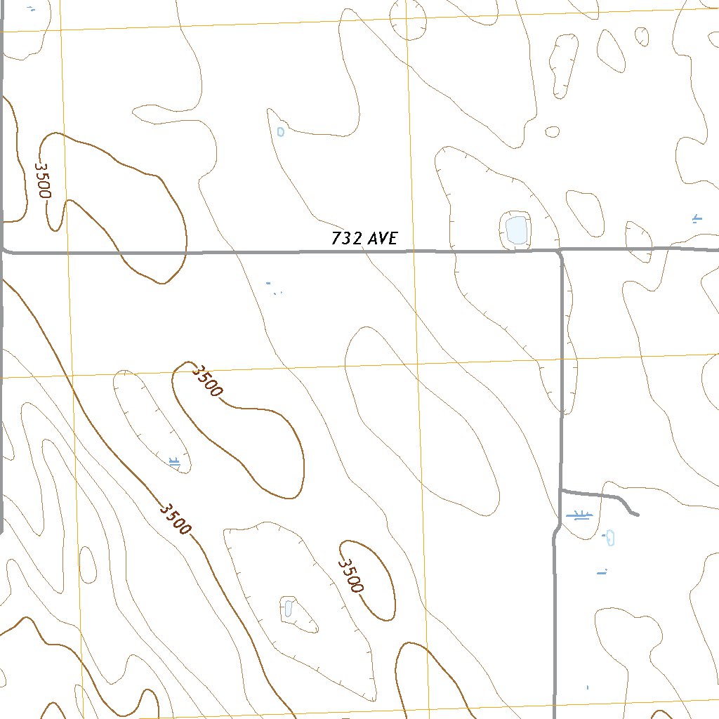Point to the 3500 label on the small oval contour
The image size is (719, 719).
pos(351,576)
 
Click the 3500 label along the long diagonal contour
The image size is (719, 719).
pos(174,518)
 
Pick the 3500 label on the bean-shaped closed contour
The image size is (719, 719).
pos(208,381)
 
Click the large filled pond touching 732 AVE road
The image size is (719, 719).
pos(516,230)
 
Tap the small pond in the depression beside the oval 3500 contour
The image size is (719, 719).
pos(288,607)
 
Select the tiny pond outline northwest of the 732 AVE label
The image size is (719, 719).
pos(281,131)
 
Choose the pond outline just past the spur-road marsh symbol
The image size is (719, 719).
pos(610,538)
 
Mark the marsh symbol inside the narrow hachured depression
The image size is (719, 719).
pos(175,461)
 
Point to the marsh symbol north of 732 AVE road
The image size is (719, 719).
pos(697,218)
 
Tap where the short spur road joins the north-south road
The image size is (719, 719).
pos(560,489)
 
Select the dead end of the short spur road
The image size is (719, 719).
pos(637,515)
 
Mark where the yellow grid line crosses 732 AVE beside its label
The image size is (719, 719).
pos(412,249)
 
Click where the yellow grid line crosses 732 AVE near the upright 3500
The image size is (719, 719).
pos(67,251)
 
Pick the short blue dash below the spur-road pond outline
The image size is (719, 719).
pos(602,573)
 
